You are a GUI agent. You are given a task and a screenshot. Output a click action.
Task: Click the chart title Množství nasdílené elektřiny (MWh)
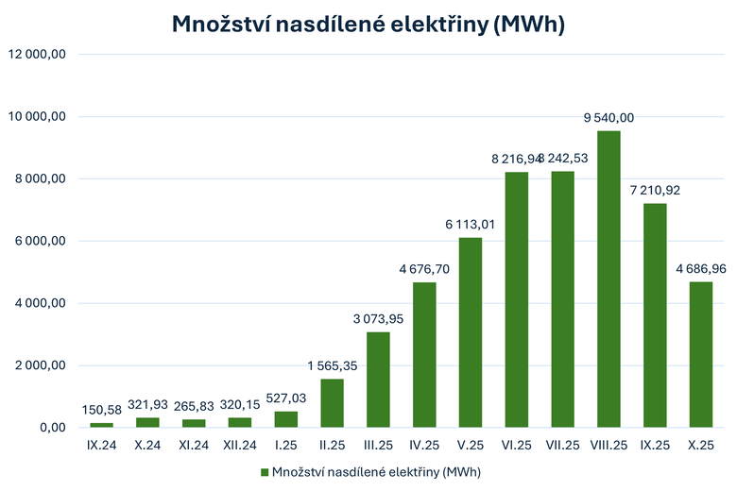point(368,25)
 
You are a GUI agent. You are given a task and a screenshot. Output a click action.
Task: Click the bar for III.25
point(378,380)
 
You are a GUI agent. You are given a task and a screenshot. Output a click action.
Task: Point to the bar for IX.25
point(656,315)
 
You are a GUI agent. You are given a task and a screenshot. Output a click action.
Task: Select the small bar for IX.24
point(101,425)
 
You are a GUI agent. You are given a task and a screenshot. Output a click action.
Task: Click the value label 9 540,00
point(609,117)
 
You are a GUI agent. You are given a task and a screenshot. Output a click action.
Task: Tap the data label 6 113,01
point(471,224)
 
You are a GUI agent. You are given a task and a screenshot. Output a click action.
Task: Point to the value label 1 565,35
point(332,365)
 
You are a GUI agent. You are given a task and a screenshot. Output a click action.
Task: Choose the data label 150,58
point(101,409)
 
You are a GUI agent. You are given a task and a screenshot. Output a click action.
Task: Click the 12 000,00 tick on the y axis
point(37,55)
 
